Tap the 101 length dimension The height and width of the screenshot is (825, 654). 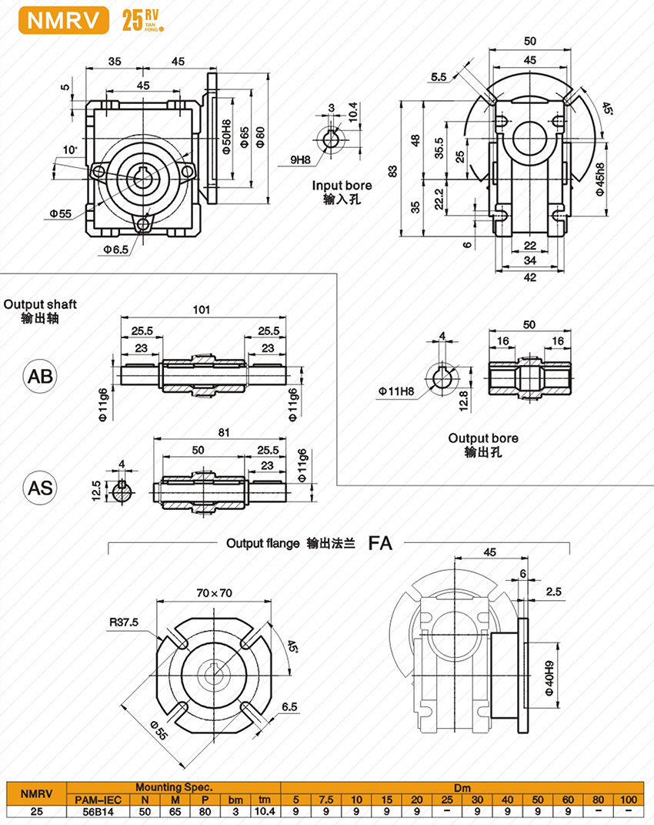(202, 311)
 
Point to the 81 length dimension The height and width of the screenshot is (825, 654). (223, 433)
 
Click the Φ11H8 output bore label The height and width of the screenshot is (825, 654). (395, 391)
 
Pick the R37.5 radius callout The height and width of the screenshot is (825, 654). (124, 623)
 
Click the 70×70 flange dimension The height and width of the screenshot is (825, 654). (214, 593)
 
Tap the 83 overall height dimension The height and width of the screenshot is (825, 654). (393, 171)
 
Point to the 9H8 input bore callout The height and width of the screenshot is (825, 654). (301, 159)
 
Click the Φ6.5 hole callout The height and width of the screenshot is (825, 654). (116, 250)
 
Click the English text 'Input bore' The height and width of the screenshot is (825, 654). (342, 186)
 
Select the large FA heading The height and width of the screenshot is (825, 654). (380, 543)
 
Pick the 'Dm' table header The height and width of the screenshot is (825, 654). (462, 787)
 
